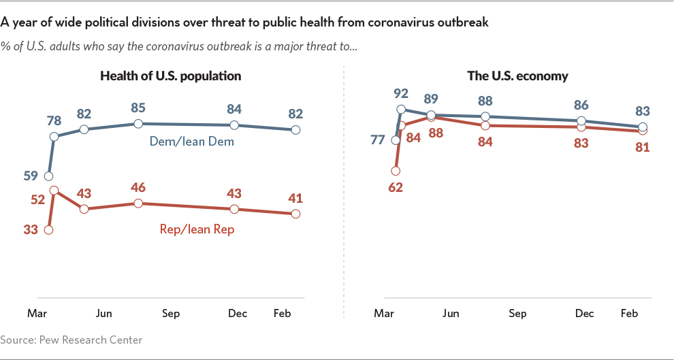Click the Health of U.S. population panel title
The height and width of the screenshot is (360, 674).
click(170, 76)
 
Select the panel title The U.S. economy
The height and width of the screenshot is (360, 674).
click(517, 76)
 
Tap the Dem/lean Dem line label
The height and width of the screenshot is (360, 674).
click(191, 142)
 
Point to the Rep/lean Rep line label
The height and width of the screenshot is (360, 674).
click(197, 229)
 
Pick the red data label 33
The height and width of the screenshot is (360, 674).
click(31, 229)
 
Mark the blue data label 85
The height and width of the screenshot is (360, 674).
click(138, 107)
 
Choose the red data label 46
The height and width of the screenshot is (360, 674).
click(138, 187)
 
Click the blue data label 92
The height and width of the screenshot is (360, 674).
click(400, 93)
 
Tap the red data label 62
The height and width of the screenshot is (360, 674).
click(395, 187)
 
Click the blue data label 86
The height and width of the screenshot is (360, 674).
click(581, 105)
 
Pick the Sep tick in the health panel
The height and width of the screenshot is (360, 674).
click(170, 313)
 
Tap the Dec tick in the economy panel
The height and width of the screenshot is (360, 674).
click(584, 313)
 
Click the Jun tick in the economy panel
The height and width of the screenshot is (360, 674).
click(450, 313)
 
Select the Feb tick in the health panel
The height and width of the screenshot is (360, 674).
click(282, 313)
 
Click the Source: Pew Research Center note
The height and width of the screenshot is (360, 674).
click(71, 339)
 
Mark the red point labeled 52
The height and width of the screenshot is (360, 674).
click(53, 191)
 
